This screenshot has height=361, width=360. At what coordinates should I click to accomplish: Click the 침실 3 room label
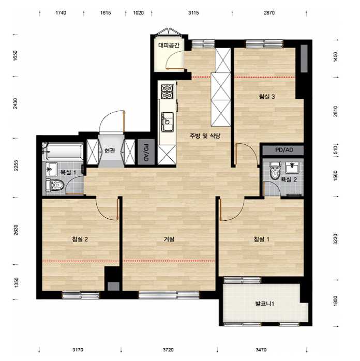(267, 97)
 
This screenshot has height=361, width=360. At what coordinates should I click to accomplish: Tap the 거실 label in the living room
(169, 239)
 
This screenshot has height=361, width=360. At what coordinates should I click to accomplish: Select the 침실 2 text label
(80, 239)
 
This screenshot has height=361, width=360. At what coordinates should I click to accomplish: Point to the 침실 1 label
(261, 239)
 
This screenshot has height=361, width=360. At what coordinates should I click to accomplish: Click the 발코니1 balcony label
(264, 304)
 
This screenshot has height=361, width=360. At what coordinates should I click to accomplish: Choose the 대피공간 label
(169, 45)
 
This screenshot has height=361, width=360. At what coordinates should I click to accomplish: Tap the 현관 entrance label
(110, 151)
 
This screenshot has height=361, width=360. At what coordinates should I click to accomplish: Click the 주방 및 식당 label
(205, 136)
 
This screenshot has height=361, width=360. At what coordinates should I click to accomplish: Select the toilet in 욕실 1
(55, 185)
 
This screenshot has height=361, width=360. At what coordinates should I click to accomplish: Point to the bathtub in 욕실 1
(63, 152)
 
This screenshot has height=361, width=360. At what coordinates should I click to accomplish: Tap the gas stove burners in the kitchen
(168, 92)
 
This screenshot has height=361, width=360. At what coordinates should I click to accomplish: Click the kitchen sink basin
(168, 122)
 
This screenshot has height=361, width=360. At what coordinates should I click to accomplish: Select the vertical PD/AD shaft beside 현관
(146, 152)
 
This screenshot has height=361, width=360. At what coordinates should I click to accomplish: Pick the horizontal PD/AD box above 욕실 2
(283, 150)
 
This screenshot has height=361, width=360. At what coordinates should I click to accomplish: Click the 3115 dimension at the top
(193, 13)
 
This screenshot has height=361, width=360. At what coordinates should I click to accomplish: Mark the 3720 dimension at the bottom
(168, 350)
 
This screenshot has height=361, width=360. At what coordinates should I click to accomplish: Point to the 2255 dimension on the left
(16, 166)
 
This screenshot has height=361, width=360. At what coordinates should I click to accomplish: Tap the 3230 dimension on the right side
(335, 239)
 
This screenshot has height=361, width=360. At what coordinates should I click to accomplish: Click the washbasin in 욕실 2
(292, 168)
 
